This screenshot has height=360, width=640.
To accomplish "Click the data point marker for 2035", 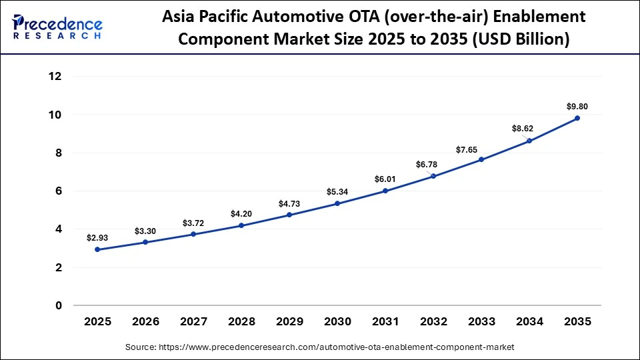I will tap(577, 118).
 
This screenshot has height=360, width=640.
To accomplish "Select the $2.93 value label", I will tap(97, 237).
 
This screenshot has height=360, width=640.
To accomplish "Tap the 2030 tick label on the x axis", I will tap(337, 322).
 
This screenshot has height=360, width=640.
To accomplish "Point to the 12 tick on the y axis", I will tap(55, 77).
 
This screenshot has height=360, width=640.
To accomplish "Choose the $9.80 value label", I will tap(577, 106).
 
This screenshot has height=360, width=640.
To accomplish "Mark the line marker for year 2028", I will tap(241, 225).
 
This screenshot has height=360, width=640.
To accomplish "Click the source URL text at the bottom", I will tap(320, 347).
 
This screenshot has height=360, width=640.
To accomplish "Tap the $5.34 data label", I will tap(337, 191).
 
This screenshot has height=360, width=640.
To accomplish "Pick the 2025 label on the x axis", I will tap(97, 322).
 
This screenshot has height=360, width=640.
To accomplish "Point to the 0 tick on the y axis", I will tap(59, 306).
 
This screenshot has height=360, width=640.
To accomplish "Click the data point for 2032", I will tap(433, 176).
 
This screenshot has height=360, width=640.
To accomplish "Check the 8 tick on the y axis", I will tap(59, 153).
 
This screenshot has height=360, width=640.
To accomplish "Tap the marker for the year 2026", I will tap(145, 242).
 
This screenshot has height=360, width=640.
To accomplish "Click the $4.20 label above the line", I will tap(241, 213).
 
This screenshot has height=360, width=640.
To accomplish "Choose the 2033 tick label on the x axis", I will tap(481, 322).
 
